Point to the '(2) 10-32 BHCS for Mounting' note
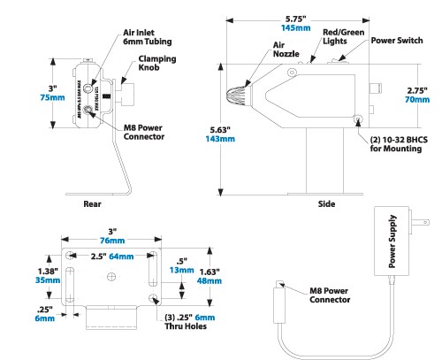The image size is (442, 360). (x=393, y=142)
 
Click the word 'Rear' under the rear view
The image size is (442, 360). (x=93, y=204)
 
